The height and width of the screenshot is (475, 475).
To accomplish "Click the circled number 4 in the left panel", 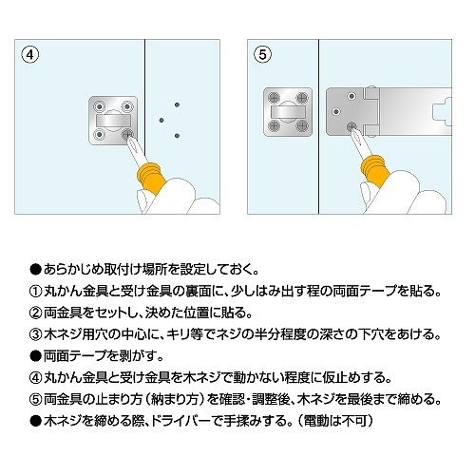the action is [30, 55].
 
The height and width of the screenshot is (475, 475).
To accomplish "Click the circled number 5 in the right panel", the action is [262, 55].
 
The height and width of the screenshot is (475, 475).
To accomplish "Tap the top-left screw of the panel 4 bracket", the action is [100, 106].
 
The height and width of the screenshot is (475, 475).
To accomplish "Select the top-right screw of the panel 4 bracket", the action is [127, 106].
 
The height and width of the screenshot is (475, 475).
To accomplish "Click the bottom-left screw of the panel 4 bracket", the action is [100, 135].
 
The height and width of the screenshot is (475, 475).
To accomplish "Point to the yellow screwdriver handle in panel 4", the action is [151, 179].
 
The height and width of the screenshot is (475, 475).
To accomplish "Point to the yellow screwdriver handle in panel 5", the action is [375, 172].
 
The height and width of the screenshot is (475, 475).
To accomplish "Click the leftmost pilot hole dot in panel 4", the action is [161, 120].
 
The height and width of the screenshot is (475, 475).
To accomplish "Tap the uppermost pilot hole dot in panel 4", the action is [177, 104].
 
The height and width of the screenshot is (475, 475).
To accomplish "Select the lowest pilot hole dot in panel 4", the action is [177, 136].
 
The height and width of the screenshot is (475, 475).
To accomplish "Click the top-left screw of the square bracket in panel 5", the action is [274, 98].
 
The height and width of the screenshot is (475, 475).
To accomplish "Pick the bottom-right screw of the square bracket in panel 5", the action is [302, 126].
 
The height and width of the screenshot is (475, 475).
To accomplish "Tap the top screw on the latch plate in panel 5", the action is [351, 96].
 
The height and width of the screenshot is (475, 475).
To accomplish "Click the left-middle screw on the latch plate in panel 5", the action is [336, 111].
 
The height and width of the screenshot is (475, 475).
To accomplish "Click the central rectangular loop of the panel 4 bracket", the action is [113, 121].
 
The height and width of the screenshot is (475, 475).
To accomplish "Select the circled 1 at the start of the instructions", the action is [35, 292].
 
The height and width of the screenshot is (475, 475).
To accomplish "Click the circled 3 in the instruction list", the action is [35, 334].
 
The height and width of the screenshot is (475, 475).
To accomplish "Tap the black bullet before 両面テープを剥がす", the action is [35, 356].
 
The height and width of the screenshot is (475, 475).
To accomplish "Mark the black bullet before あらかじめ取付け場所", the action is [35, 270].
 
